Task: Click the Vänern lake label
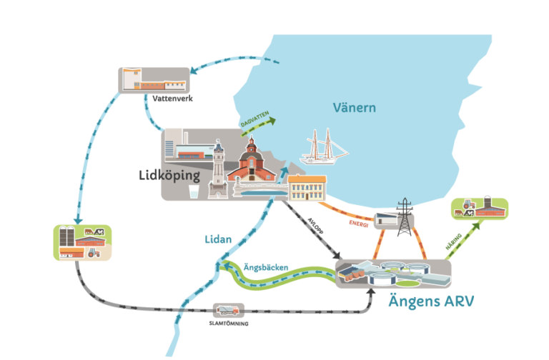pyautogui.click(x=355, y=108)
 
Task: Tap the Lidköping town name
pyautogui.click(x=169, y=175)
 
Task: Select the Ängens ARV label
pyautogui.click(x=431, y=301)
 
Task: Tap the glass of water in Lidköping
pyautogui.click(x=193, y=192)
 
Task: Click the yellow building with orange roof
pyautogui.click(x=307, y=187)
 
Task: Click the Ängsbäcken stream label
pyautogui.click(x=266, y=267)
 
